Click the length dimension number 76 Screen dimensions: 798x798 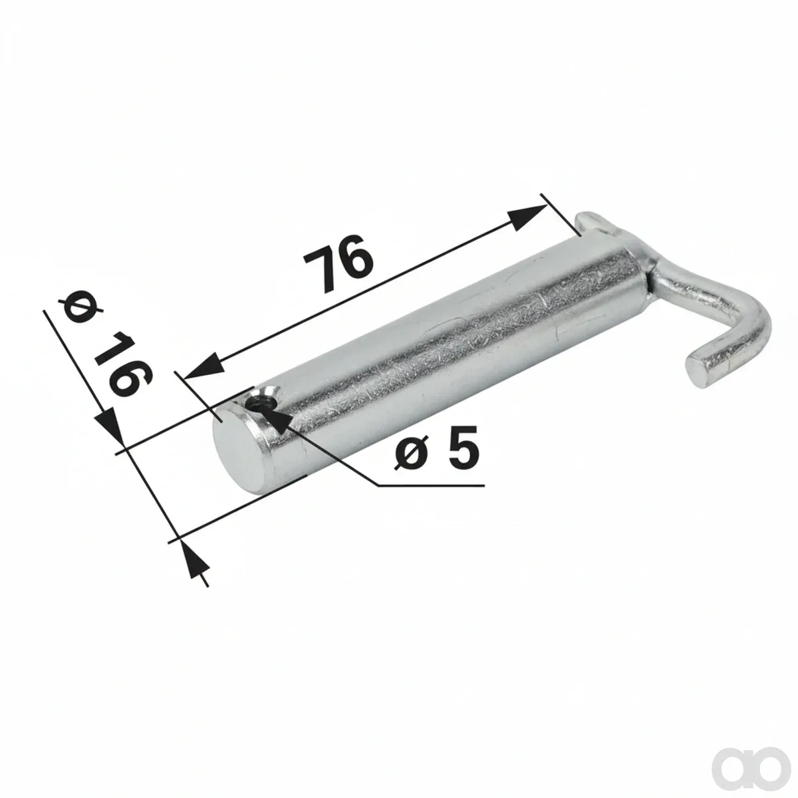click(x=338, y=263)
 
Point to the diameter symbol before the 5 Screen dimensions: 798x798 click(x=414, y=452)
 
